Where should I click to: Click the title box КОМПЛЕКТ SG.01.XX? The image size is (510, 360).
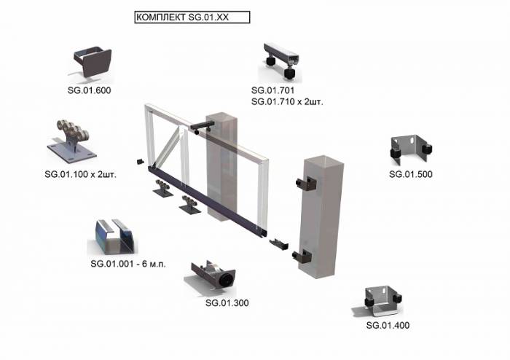(x=192, y=17)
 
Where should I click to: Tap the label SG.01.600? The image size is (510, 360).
(x=89, y=90)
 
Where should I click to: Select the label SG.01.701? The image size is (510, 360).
(x=272, y=90)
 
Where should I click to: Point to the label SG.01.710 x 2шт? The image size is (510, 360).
(x=287, y=102)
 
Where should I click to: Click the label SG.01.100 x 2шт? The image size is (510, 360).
(x=80, y=174)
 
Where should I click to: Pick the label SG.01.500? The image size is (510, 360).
(x=411, y=174)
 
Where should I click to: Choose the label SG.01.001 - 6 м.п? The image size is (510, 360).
(x=128, y=264)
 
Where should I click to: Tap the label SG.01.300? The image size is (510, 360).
(x=227, y=302)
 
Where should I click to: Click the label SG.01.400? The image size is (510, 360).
(x=388, y=325)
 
